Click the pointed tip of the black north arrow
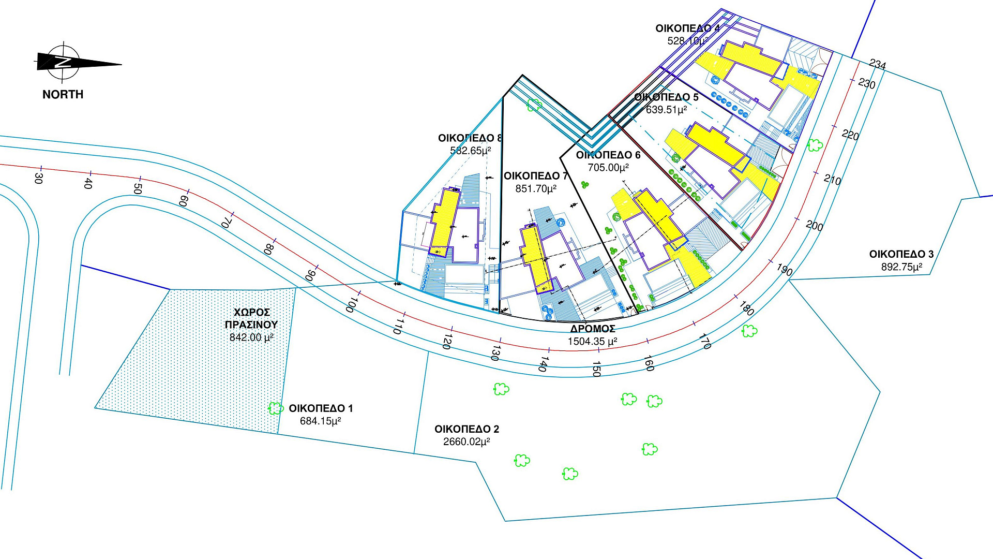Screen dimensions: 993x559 point(122,65)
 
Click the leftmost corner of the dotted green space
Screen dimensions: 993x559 point(95,408)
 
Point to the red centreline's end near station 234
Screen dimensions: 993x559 point(859,62)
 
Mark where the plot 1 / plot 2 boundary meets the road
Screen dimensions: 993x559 point(429,352)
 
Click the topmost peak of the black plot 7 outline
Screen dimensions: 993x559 point(522,75)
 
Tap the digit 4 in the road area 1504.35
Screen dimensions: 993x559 point(592,342)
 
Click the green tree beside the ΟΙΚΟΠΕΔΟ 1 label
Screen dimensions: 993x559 point(276,408)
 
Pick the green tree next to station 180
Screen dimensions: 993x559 point(749,330)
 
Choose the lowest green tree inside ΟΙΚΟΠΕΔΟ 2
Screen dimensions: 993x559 point(570,473)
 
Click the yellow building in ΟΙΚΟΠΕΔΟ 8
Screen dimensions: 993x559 point(444,222)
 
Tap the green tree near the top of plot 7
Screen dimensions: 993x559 point(534,105)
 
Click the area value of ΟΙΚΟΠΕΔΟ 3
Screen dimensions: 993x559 point(902,267)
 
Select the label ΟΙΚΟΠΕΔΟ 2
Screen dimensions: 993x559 point(467,429)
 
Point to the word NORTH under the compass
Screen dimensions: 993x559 point(63,94)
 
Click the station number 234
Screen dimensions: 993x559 point(878,64)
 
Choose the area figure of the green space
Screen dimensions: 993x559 point(251,337)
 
